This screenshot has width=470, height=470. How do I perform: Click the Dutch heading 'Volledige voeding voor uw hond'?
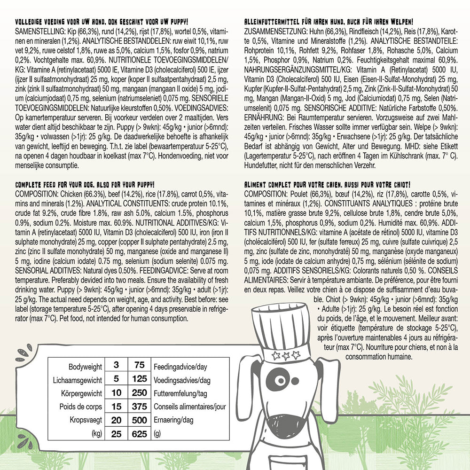pos(102,22)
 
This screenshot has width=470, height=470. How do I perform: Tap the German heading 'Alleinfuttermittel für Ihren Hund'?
pos(329,22)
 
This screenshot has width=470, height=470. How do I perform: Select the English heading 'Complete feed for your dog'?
pos(85,184)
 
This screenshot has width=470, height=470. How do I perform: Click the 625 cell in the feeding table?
pos(140,434)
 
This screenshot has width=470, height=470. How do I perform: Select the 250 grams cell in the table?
pos(140,393)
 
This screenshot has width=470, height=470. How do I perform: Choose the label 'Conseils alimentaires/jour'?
pos(188,407)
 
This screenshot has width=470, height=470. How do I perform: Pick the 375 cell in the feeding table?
pos(140,407)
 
